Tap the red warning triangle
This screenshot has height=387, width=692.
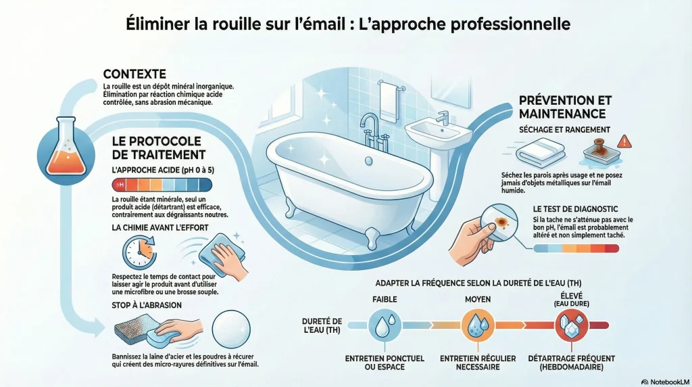[624, 142]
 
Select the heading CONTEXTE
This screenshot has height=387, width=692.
[134, 74]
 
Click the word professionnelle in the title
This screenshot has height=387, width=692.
[511, 24]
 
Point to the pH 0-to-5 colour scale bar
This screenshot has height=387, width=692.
[162, 185]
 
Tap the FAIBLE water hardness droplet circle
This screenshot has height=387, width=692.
[385, 325]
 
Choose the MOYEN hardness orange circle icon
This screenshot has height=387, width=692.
[478, 325]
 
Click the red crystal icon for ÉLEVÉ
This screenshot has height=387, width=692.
[572, 325]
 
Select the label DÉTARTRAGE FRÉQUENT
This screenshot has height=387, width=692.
[572, 359]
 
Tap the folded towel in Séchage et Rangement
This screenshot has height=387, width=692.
[541, 152]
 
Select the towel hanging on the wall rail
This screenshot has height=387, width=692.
[389, 101]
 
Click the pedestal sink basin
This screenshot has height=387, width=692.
[437, 131]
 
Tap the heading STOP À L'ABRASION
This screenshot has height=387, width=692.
[147, 305]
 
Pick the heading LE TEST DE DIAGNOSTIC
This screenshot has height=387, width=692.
[576, 209]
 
